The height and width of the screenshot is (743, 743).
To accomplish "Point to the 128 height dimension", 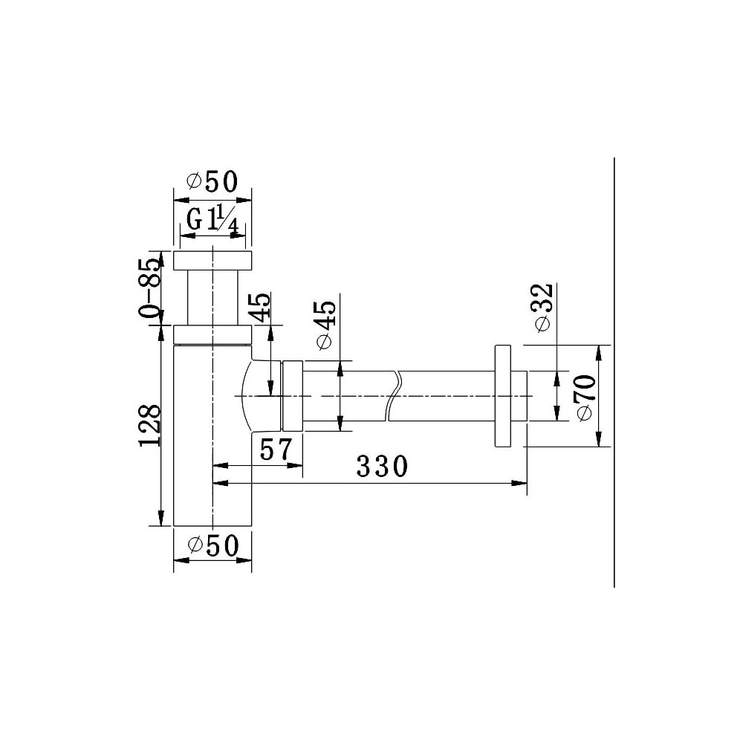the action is pos(150,426).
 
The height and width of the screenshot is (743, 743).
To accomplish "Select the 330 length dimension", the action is pos(382,467).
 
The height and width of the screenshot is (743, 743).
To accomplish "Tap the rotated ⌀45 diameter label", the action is pos(325,325).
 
